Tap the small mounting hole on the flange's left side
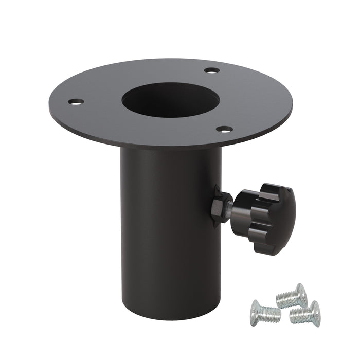tap(77, 102)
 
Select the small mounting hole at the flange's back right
tap(211, 70)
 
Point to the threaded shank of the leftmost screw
tap(272, 314)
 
